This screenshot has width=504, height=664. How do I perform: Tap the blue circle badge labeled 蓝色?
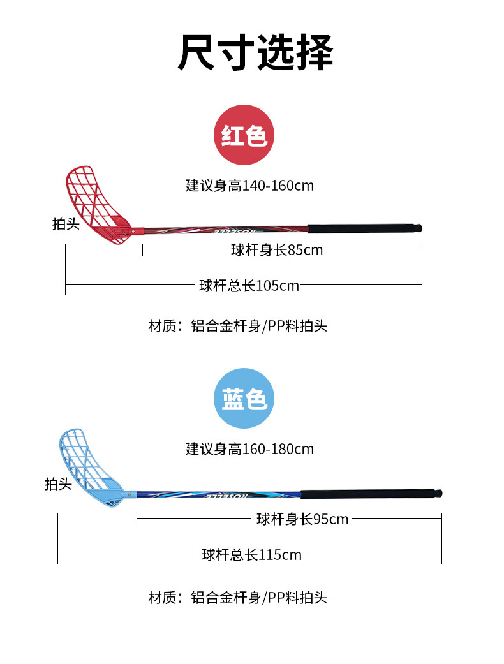click(244, 399)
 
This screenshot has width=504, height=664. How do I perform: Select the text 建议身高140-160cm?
click(250, 186)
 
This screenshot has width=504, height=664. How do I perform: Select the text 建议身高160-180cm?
click(250, 448)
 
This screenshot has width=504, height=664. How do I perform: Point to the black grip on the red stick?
click(364, 228)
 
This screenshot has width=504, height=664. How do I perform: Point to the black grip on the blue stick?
click(370, 493)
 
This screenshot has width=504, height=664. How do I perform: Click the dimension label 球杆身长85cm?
click(277, 249)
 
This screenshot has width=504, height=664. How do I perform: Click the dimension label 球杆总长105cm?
click(249, 285)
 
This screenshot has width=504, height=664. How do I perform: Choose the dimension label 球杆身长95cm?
click(302, 519)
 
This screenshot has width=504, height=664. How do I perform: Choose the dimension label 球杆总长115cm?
click(251, 554)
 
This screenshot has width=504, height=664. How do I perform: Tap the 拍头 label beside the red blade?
click(66, 224)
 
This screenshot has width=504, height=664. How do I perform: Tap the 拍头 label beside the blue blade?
click(58, 484)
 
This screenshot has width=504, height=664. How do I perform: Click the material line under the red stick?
click(237, 326)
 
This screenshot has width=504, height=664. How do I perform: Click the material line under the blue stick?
click(237, 598)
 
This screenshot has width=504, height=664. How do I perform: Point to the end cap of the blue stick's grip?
click(439, 493)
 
